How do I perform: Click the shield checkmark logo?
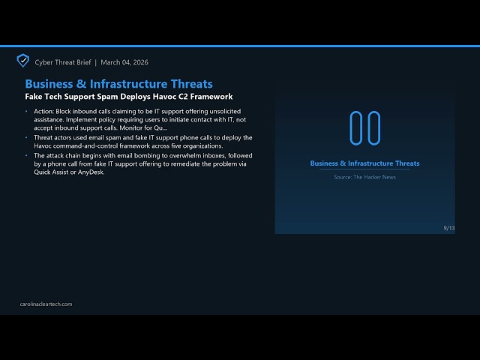coord(23,61)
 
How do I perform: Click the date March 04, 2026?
coord(124,62)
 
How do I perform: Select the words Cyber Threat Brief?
coord(63,62)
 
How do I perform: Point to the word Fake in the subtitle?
coord(34,97)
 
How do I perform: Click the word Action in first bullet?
coord(43,111)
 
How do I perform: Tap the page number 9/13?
coord(448,228)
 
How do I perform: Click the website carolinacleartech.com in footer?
coord(46,304)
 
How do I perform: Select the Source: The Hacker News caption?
coord(364,177)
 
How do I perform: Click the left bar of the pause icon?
coord(356,127)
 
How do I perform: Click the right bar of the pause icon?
coord(373,127)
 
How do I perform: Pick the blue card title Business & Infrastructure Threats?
coord(364,163)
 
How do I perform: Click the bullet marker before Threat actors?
coord(27,138)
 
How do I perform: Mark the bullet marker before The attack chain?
coord(27,155)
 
